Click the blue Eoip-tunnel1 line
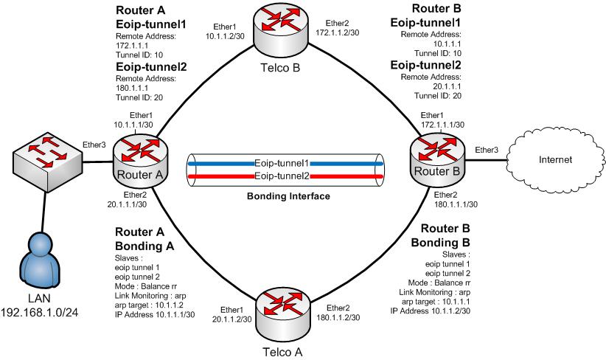(221, 162)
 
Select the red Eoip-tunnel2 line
(221, 177)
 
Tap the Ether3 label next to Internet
(487, 150)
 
